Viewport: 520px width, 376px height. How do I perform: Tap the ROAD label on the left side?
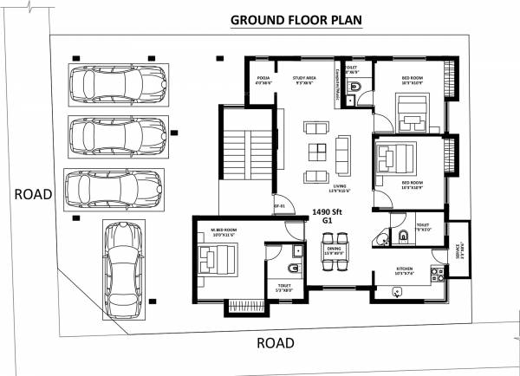point(33,194)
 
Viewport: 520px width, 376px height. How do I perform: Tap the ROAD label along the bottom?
point(276,343)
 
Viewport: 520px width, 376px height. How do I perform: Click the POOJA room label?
point(264,79)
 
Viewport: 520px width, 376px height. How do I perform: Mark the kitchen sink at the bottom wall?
point(397,293)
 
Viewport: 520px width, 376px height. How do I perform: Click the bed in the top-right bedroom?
point(410,111)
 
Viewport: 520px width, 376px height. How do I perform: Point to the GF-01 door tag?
point(279,206)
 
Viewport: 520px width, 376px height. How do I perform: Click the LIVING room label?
point(340,185)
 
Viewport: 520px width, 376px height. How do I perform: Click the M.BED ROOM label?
point(224,230)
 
